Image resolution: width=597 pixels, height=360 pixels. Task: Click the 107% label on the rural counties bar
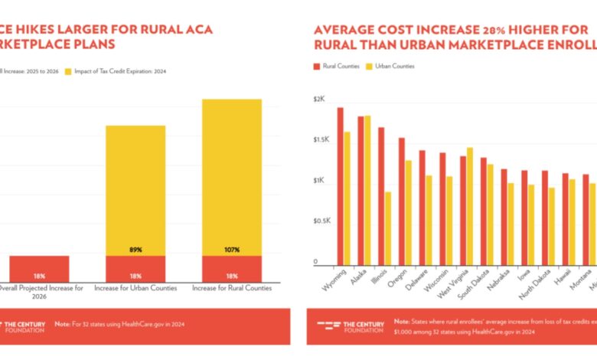[232, 250]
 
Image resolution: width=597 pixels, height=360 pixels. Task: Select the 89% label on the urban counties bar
[135, 250]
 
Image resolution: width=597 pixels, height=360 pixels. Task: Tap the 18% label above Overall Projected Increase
[39, 275]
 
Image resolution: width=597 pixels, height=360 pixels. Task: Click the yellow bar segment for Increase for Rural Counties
[232, 176]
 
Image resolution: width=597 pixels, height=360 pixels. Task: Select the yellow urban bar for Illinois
[388, 227]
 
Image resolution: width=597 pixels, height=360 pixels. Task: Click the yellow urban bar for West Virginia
[470, 205]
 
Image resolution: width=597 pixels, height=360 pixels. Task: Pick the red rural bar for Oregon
[401, 201]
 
